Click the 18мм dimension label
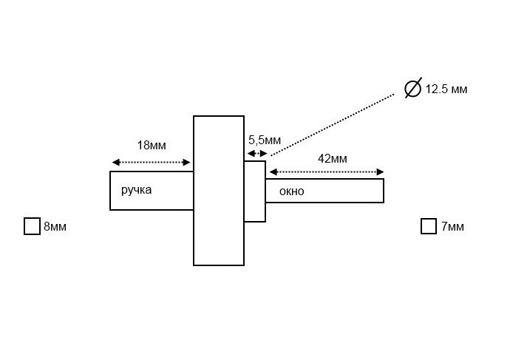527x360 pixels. click(152, 146)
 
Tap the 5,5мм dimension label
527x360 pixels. click(263, 139)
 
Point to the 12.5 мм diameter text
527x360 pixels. click(446, 89)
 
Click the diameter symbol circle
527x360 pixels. click(412, 88)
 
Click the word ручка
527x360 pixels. click(137, 190)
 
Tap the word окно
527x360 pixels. click(291, 191)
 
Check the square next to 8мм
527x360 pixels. click(32, 226)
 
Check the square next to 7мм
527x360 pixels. click(428, 226)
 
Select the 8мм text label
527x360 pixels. click(55, 227)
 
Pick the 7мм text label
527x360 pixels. click(452, 227)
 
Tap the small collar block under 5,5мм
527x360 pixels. click(255, 191)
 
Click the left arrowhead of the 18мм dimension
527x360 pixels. click(115, 163)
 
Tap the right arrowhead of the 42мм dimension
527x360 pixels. click(379, 172)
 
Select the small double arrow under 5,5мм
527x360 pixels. click(256, 154)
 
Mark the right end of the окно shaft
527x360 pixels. click(382, 191)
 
